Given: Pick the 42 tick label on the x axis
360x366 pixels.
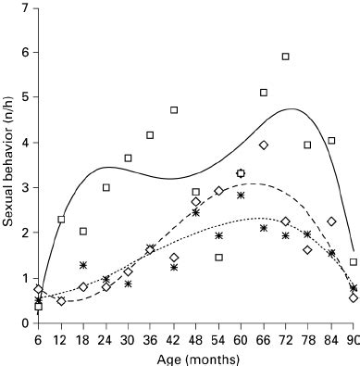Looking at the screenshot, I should tap(173, 338).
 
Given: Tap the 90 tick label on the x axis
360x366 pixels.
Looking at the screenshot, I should tap(353, 338).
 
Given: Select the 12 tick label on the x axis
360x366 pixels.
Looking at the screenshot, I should tap(60, 338).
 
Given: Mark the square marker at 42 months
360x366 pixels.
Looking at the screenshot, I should tap(173, 110).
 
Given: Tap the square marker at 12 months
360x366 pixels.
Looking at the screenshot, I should tap(61, 220).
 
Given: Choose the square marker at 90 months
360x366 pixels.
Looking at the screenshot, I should tap(354, 262).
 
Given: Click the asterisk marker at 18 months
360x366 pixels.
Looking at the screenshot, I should tap(83, 265).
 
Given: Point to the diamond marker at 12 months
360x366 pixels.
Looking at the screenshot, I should tap(61, 301).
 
